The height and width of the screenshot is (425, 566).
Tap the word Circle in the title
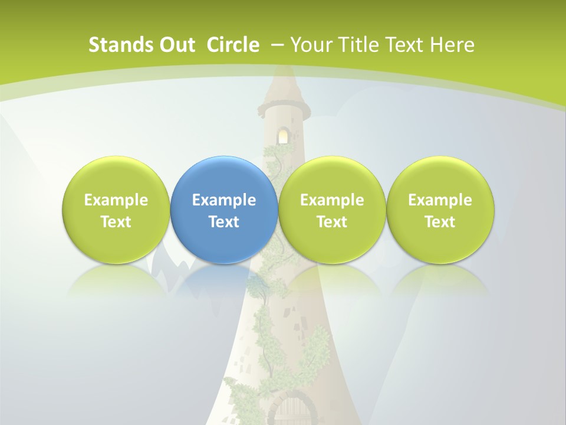[233, 45]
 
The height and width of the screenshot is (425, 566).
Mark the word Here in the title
[453, 45]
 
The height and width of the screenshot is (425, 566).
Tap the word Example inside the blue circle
[224, 200]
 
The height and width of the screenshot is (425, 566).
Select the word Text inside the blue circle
[224, 222]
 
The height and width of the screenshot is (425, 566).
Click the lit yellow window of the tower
[284, 136]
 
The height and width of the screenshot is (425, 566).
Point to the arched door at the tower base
[294, 410]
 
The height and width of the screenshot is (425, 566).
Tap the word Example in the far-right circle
[440, 200]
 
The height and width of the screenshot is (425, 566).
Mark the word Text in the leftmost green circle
[116, 222]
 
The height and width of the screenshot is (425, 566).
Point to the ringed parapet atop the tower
[284, 110]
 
